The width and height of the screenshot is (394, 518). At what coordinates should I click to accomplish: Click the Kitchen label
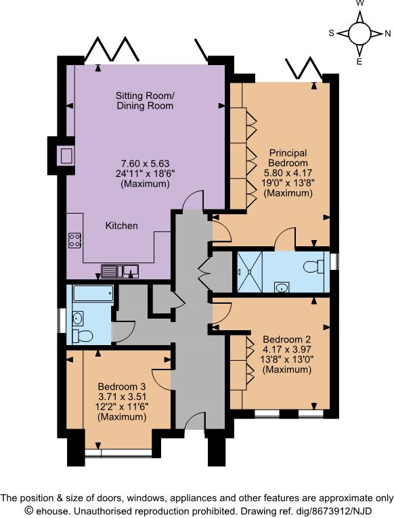click(x=121, y=226)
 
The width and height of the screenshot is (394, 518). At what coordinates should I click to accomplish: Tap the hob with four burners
click(x=75, y=240)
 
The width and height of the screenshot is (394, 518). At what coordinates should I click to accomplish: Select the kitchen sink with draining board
click(x=120, y=271)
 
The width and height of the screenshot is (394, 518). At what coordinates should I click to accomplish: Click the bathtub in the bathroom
click(x=93, y=294)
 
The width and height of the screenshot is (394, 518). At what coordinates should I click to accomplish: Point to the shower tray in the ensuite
click(x=250, y=272)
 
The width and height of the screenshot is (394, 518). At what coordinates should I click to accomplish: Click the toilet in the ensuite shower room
click(x=314, y=266)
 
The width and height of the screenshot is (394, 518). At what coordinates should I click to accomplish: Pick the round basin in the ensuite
click(x=282, y=287)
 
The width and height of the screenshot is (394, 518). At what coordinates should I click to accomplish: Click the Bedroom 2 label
click(x=287, y=339)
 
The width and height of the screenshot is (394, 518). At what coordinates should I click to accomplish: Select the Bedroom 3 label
click(x=122, y=386)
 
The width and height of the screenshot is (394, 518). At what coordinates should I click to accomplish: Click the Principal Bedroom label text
click(x=288, y=158)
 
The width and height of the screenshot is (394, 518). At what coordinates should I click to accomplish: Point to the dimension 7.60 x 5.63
click(x=145, y=163)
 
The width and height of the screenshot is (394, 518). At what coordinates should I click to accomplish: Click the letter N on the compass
click(x=387, y=33)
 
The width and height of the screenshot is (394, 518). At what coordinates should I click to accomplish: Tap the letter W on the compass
click(x=360, y=3)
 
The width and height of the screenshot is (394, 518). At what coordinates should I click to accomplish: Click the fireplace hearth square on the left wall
click(x=66, y=155)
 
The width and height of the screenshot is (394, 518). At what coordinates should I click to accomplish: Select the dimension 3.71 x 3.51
click(x=122, y=397)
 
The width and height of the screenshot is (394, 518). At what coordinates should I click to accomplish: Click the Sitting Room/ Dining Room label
click(x=145, y=101)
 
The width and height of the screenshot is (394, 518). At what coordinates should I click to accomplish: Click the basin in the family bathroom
click(x=78, y=319)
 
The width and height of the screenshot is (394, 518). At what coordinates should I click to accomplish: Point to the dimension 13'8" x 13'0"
click(x=287, y=359)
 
